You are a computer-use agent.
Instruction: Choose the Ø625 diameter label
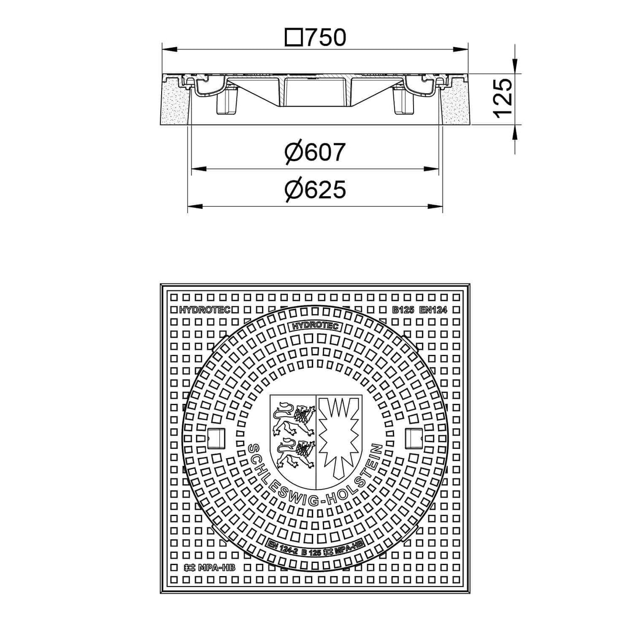click(x=315, y=190)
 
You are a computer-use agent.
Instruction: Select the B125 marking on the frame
click(x=403, y=310)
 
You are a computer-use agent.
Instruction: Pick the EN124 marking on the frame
click(x=433, y=310)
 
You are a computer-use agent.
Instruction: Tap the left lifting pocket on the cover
click(x=215, y=438)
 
